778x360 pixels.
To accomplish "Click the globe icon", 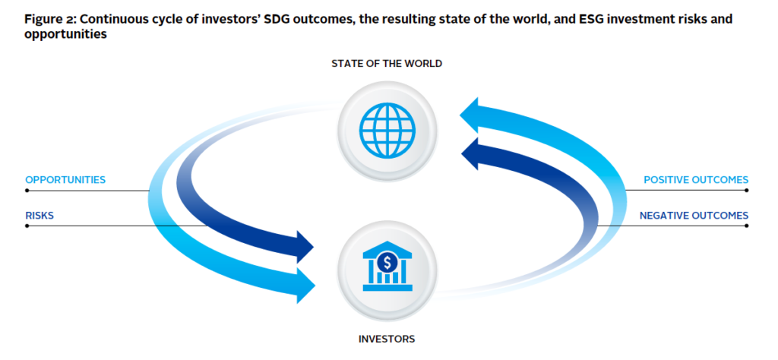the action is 387,131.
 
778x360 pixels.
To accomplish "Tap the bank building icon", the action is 387,270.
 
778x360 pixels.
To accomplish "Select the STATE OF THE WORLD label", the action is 387,64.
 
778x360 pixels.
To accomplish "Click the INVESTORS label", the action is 387,339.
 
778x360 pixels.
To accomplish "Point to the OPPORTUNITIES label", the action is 65,179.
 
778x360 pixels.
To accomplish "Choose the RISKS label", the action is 40,216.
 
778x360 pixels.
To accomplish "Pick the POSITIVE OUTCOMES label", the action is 696,179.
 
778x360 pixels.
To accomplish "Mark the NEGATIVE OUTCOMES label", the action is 694,216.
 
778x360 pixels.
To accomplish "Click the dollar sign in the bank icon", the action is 387,261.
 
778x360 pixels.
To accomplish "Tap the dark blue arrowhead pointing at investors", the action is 305,246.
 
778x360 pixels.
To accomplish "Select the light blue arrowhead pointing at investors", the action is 305,286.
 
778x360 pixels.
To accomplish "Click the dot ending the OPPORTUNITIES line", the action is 27,191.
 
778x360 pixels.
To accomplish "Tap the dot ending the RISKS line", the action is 27,226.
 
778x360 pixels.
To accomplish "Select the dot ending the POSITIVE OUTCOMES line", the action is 746,191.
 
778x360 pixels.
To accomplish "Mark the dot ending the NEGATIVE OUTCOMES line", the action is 746,226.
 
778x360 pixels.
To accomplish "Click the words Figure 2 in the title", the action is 48,20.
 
